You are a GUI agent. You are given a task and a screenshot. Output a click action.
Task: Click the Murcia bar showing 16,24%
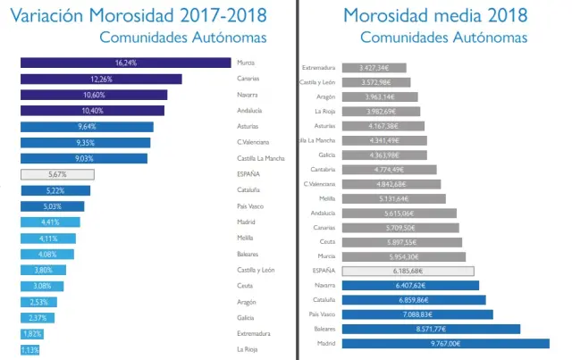coord(126,63)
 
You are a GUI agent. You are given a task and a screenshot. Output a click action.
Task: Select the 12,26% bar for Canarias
coord(101,79)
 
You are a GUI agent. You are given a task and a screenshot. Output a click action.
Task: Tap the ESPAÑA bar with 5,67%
coord(57,174)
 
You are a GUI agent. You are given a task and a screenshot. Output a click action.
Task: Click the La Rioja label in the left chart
coord(248,349)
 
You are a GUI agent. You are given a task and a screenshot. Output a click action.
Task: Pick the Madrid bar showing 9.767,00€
coord(445,343)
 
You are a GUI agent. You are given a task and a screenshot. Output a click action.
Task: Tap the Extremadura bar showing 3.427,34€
coord(369,68)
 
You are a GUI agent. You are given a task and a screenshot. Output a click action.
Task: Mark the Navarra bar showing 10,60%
coord(94,95)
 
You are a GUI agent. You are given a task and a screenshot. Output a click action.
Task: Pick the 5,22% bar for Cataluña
coord(55,190)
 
